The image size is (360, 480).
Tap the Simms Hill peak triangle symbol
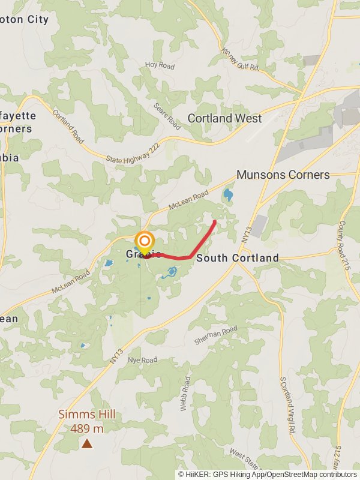point(87,444)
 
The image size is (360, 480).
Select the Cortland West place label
point(224,118)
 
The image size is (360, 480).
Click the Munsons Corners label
point(283,175)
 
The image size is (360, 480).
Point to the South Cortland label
point(238,258)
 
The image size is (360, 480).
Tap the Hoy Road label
point(160,66)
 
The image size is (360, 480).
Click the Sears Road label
point(167,116)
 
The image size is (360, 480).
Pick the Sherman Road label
point(216,335)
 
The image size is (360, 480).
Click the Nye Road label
point(142,360)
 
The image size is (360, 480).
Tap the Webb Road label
point(185,393)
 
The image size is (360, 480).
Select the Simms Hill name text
point(87,415)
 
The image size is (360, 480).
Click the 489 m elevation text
point(87,428)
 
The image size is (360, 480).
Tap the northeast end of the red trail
point(215,222)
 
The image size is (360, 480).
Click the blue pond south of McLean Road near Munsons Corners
point(228,194)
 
